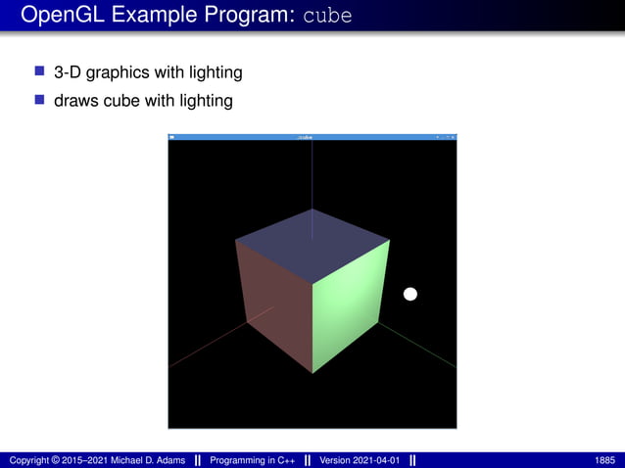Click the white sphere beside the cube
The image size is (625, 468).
(x=410, y=294)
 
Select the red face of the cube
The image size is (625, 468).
(x=274, y=304)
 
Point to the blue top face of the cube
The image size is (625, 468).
(x=312, y=245)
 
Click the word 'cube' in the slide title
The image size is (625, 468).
(x=327, y=17)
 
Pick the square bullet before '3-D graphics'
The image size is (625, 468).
(x=40, y=72)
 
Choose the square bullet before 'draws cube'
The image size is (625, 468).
(x=40, y=99)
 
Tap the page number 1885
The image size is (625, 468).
(x=605, y=460)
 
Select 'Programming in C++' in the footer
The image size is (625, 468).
(x=252, y=460)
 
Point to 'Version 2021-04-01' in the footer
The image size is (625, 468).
(x=361, y=460)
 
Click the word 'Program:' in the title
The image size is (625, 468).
(x=250, y=17)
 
